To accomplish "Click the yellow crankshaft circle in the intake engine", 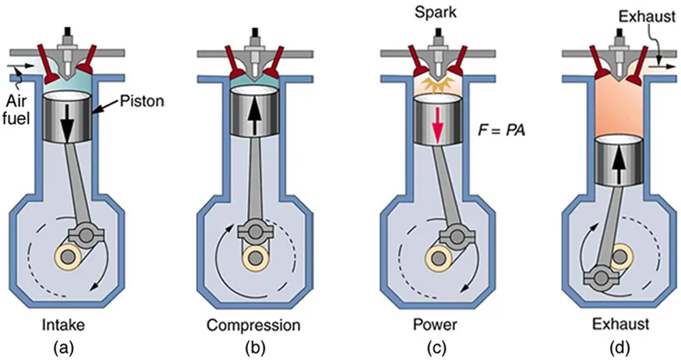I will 67,259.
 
